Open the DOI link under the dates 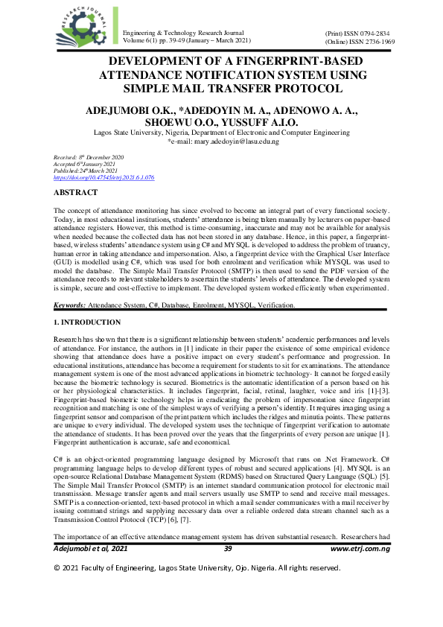click(104, 178)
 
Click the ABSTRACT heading click(75, 193)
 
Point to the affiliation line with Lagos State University click(221, 132)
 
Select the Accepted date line click(86, 165)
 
